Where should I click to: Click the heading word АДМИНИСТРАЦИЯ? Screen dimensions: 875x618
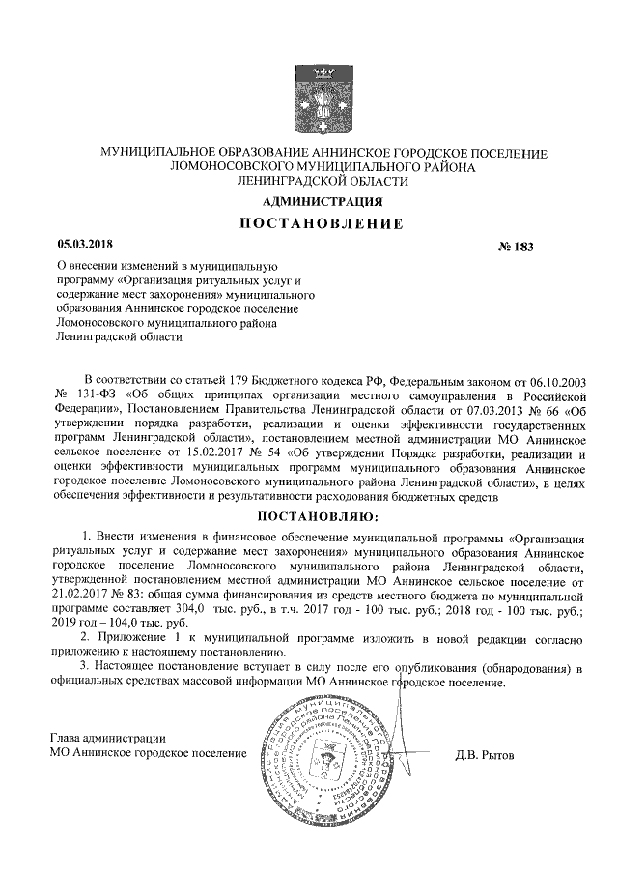(x=323, y=202)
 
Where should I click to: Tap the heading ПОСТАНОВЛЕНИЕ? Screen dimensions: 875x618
(x=323, y=225)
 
